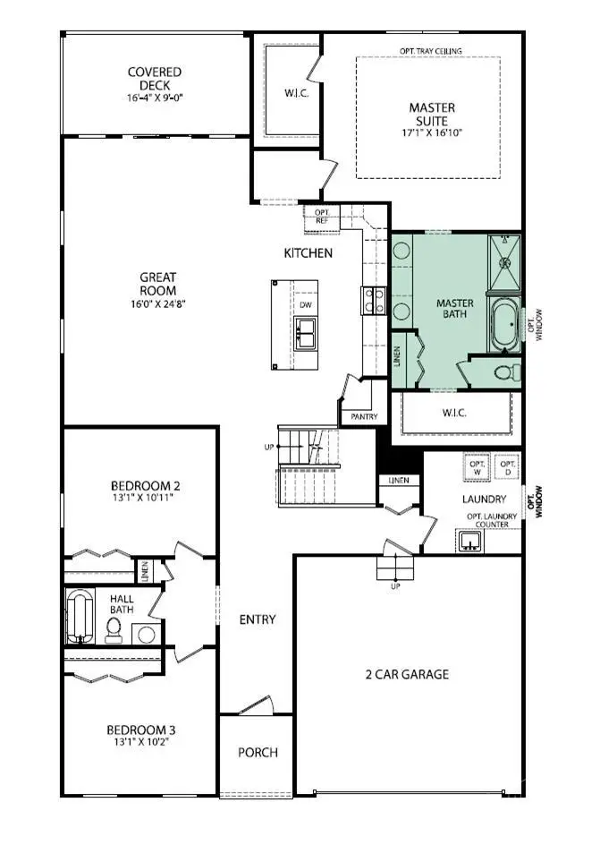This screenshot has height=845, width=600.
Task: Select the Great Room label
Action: coord(157,284)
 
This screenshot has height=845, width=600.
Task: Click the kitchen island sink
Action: coord(306,333)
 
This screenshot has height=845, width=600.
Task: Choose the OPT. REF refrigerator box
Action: coord(321,215)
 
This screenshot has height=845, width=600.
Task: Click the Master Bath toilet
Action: coord(505,371)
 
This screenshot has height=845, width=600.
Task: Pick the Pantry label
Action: coord(365,416)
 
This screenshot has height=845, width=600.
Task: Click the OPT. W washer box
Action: coord(477,467)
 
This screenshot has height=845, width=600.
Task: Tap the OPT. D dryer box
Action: coord(507,467)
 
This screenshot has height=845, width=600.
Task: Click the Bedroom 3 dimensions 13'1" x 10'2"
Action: coord(143,741)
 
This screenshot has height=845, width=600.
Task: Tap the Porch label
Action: coord(258,752)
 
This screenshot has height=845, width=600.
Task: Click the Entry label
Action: coord(258,619)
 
